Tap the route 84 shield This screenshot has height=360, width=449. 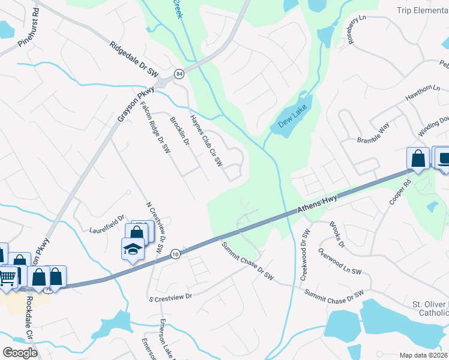click(x=179, y=73)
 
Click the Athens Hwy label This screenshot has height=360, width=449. click(x=318, y=204)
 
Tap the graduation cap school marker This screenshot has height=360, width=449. click(x=133, y=248)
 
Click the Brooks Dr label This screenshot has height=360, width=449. click(x=336, y=235)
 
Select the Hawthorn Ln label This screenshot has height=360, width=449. click(x=418, y=93)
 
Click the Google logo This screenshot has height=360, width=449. click(x=20, y=353)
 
